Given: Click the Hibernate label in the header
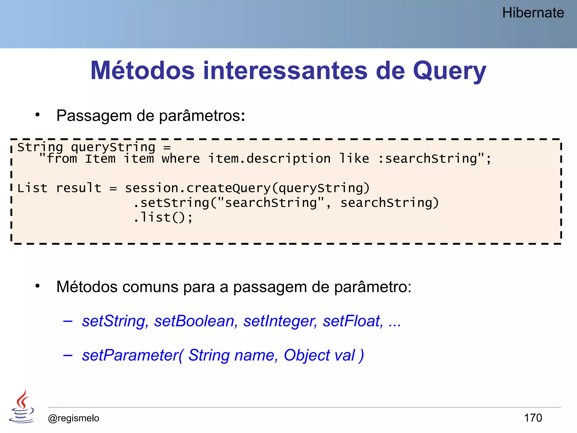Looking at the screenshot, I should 533,13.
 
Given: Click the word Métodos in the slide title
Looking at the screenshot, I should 143,70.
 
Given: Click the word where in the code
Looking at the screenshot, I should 181,159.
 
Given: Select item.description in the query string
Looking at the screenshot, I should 269,159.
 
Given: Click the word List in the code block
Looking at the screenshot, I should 32,188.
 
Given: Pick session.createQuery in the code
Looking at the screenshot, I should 198,188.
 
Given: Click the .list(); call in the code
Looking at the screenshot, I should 163,217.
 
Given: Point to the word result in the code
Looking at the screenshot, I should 79,188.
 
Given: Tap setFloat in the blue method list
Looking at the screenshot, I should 353,321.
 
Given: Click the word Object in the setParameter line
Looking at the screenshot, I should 307,355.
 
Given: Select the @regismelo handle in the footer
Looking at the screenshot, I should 74,418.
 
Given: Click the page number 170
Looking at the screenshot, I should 533,418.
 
